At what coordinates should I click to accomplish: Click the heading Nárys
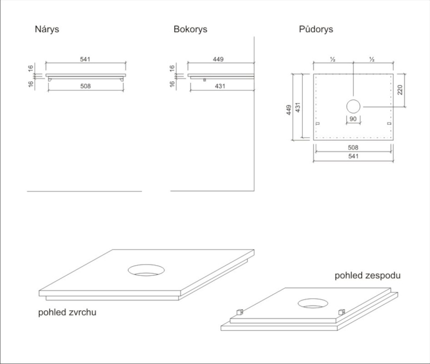[47, 30]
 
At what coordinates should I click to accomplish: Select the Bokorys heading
[190, 30]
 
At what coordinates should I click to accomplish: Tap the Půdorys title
[316, 30]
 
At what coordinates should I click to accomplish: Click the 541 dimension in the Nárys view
[85, 59]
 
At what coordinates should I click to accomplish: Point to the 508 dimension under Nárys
[85, 86]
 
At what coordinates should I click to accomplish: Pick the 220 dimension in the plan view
[400, 89]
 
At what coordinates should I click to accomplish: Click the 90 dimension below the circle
[353, 118]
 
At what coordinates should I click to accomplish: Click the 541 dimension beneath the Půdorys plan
[353, 156]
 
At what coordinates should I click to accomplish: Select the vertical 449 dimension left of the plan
[289, 110]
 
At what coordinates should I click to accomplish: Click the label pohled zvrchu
[67, 312]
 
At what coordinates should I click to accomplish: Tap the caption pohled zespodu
[368, 276]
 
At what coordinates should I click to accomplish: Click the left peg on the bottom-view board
[240, 311]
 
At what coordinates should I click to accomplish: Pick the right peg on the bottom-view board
[341, 312]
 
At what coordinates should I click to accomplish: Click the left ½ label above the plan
[333, 59]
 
